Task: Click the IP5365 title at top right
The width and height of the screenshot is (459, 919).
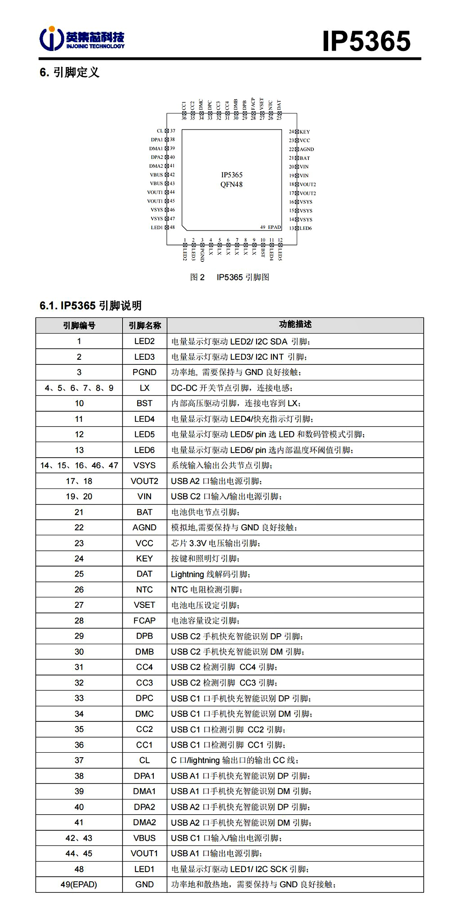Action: tap(366, 41)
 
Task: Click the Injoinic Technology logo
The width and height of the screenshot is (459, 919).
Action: tap(82, 39)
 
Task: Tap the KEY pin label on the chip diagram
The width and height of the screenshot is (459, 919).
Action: tap(305, 132)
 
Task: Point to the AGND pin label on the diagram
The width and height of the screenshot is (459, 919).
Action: tap(307, 149)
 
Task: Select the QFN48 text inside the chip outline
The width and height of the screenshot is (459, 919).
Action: tap(231, 184)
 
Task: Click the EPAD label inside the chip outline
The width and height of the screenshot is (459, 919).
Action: tap(274, 227)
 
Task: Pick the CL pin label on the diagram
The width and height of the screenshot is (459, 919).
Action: tap(160, 131)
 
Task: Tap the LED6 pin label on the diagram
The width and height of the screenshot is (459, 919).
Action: tap(306, 228)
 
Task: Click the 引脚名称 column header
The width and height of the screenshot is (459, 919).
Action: tap(145, 325)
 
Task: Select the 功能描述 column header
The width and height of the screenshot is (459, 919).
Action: tap(295, 324)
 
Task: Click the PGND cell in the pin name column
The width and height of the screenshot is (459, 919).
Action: tap(145, 372)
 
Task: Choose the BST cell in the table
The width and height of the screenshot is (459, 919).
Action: tap(145, 403)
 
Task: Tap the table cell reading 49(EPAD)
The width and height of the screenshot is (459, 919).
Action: tap(79, 884)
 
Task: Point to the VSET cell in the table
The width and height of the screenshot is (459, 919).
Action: tap(145, 605)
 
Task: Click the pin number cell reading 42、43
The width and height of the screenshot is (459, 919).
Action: tap(79, 838)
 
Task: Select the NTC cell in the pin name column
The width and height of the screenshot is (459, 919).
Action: tap(145, 590)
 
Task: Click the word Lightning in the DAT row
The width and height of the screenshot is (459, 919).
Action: tap(187, 574)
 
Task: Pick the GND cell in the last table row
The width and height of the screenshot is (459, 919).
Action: tap(145, 884)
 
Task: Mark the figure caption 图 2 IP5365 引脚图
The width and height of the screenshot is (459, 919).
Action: tap(230, 277)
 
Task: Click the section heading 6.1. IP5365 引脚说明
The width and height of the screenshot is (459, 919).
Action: tap(91, 306)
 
